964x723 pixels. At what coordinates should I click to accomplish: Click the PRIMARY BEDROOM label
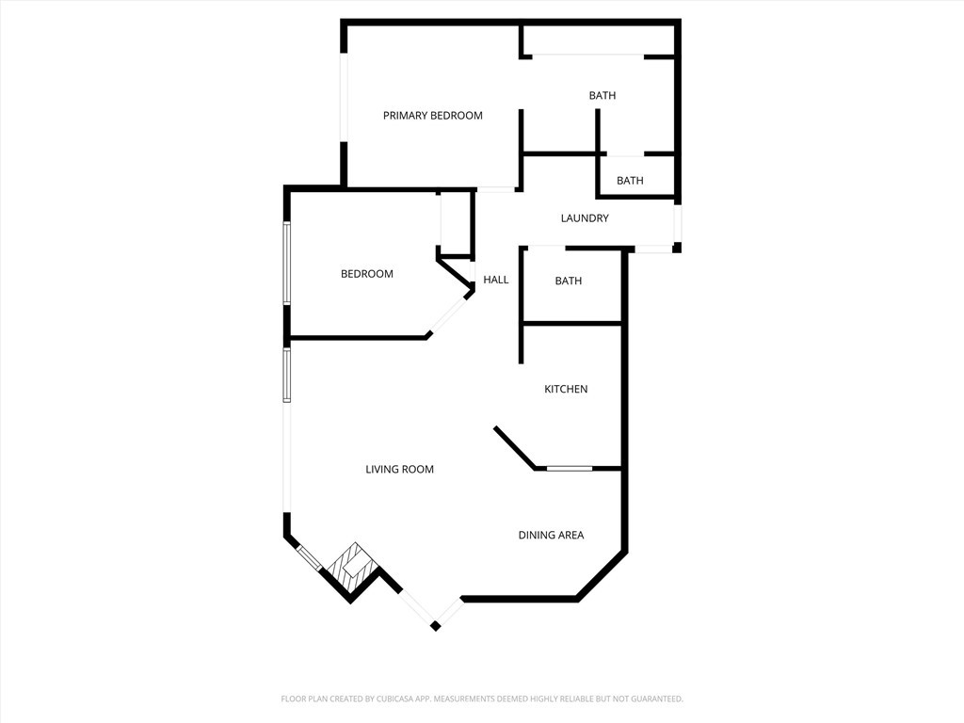click(433, 116)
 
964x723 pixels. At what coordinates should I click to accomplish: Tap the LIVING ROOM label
click(399, 469)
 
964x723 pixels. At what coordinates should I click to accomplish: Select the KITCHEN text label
click(566, 389)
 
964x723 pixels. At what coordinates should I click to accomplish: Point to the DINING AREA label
click(551, 535)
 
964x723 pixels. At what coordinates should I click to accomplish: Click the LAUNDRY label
click(585, 218)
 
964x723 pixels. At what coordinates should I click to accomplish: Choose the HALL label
click(495, 280)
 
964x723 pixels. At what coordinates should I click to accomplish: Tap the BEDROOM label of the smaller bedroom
click(367, 274)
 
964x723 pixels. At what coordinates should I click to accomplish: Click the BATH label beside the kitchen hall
click(568, 281)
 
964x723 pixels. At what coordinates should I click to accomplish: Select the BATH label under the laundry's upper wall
click(630, 181)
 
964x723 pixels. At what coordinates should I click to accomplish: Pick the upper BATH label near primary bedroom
click(602, 95)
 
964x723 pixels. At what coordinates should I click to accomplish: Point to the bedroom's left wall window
click(286, 264)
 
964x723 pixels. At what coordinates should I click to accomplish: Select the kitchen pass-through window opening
click(570, 469)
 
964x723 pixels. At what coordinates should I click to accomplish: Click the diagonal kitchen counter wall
click(515, 448)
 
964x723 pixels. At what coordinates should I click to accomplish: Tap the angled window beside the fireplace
click(309, 558)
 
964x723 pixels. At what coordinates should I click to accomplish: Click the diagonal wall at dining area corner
click(602, 575)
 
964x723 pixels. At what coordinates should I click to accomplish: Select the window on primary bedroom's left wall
click(345, 99)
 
